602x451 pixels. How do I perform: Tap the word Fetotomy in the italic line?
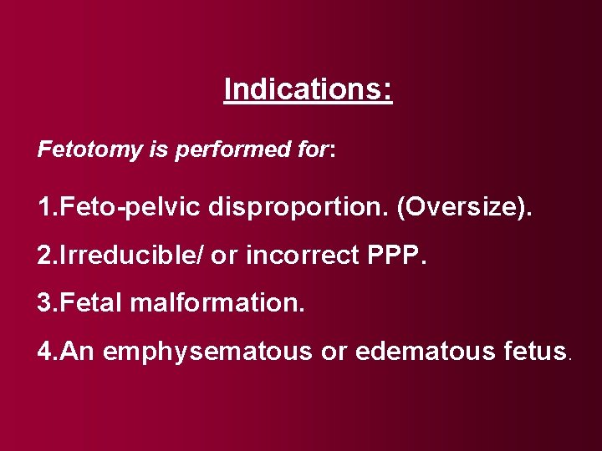pos(79,150)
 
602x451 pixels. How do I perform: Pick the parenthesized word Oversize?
pos(463,206)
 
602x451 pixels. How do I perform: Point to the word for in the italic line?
pos(313,150)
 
